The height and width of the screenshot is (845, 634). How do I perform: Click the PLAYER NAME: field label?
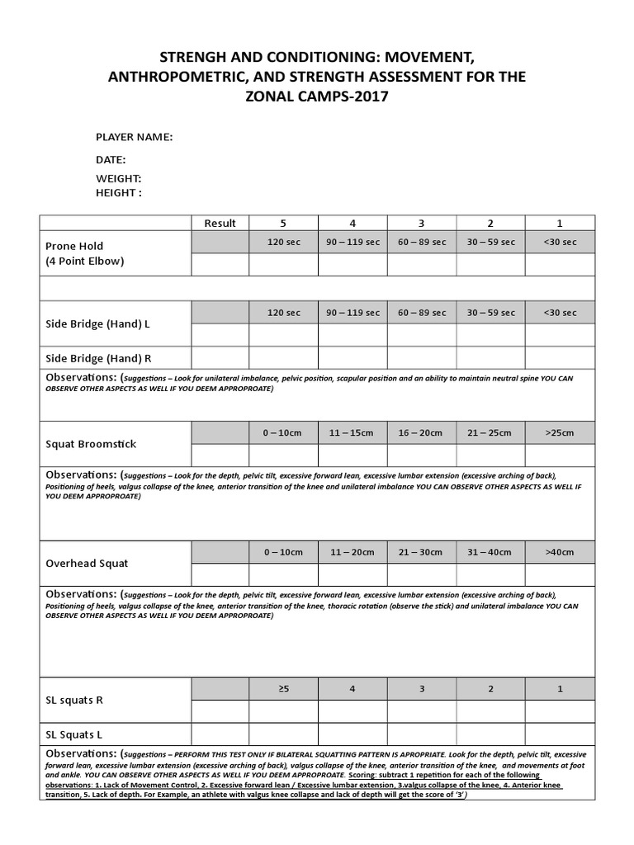click(x=135, y=137)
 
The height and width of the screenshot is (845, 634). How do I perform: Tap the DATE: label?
click(x=111, y=159)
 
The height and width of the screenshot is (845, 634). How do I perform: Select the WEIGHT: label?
click(x=119, y=178)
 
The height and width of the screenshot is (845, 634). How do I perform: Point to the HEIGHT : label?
click(x=119, y=192)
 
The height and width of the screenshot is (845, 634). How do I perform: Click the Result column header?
click(x=220, y=223)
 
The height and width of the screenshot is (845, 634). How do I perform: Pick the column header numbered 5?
click(x=283, y=223)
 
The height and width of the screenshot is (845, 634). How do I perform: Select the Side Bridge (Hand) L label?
click(x=97, y=324)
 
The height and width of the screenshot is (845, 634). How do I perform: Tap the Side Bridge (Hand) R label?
click(x=98, y=358)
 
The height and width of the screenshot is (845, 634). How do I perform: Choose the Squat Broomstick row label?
click(x=91, y=444)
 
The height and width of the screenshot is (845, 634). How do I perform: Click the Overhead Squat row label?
click(x=87, y=564)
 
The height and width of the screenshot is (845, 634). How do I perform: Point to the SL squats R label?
click(x=74, y=700)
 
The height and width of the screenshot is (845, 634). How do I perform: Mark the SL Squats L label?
click(x=74, y=734)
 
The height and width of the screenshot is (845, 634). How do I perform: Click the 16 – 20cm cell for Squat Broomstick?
click(x=421, y=432)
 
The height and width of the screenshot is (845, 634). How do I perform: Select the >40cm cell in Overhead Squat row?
click(x=560, y=552)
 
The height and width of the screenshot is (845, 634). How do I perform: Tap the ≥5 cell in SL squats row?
click(x=283, y=688)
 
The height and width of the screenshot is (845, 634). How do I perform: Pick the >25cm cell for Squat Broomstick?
click(x=560, y=432)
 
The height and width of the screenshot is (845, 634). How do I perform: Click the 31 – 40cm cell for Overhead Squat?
click(x=490, y=552)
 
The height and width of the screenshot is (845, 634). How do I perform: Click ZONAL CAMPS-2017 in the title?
click(x=317, y=96)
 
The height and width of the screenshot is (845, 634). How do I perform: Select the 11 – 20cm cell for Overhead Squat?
click(x=352, y=552)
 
